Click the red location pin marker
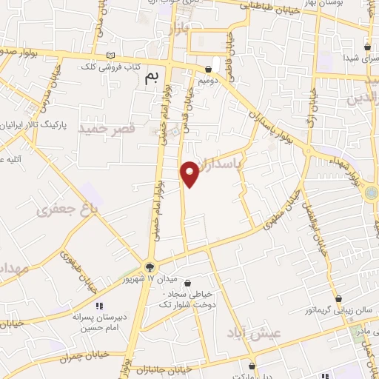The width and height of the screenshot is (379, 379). [x=190, y=173]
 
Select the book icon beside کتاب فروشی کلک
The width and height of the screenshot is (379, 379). [x=111, y=56]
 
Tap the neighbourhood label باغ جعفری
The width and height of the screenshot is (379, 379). [x=67, y=210]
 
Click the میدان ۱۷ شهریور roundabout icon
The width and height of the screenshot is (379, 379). [x=150, y=267]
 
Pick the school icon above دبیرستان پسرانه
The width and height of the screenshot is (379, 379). [x=99, y=305]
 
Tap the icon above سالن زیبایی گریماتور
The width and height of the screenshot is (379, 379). [x=338, y=299]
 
